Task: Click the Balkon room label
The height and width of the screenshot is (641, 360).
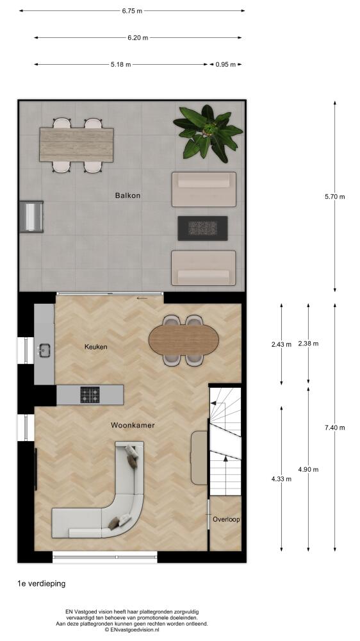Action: pyautogui.click(x=127, y=196)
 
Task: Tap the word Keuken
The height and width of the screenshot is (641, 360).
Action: pyautogui.click(x=95, y=347)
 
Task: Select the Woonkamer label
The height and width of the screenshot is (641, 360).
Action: pyautogui.click(x=133, y=425)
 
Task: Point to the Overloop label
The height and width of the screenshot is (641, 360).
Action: pyautogui.click(x=226, y=520)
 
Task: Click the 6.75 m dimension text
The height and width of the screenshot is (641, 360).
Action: pyautogui.click(x=132, y=11)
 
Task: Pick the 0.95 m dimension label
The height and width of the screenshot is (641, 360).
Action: pyautogui.click(x=225, y=64)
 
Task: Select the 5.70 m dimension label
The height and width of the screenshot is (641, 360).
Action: pyautogui.click(x=334, y=196)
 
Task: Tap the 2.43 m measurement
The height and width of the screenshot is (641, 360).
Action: pyautogui.click(x=281, y=344)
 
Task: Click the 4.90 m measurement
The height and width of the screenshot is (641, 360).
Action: pyautogui.click(x=308, y=469)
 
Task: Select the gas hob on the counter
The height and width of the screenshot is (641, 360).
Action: pyautogui.click(x=90, y=395)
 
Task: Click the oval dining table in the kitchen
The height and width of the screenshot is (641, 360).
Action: pyautogui.click(x=183, y=340)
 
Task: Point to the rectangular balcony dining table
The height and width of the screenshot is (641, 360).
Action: pyautogui.click(x=76, y=145)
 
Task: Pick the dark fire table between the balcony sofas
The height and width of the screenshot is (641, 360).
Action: pyautogui.click(x=202, y=228)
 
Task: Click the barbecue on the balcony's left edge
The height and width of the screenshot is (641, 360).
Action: pyautogui.click(x=31, y=216)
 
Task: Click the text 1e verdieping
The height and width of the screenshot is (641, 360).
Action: pyautogui.click(x=41, y=583)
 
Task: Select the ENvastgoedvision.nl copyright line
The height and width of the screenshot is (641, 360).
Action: pyautogui.click(x=131, y=630)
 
